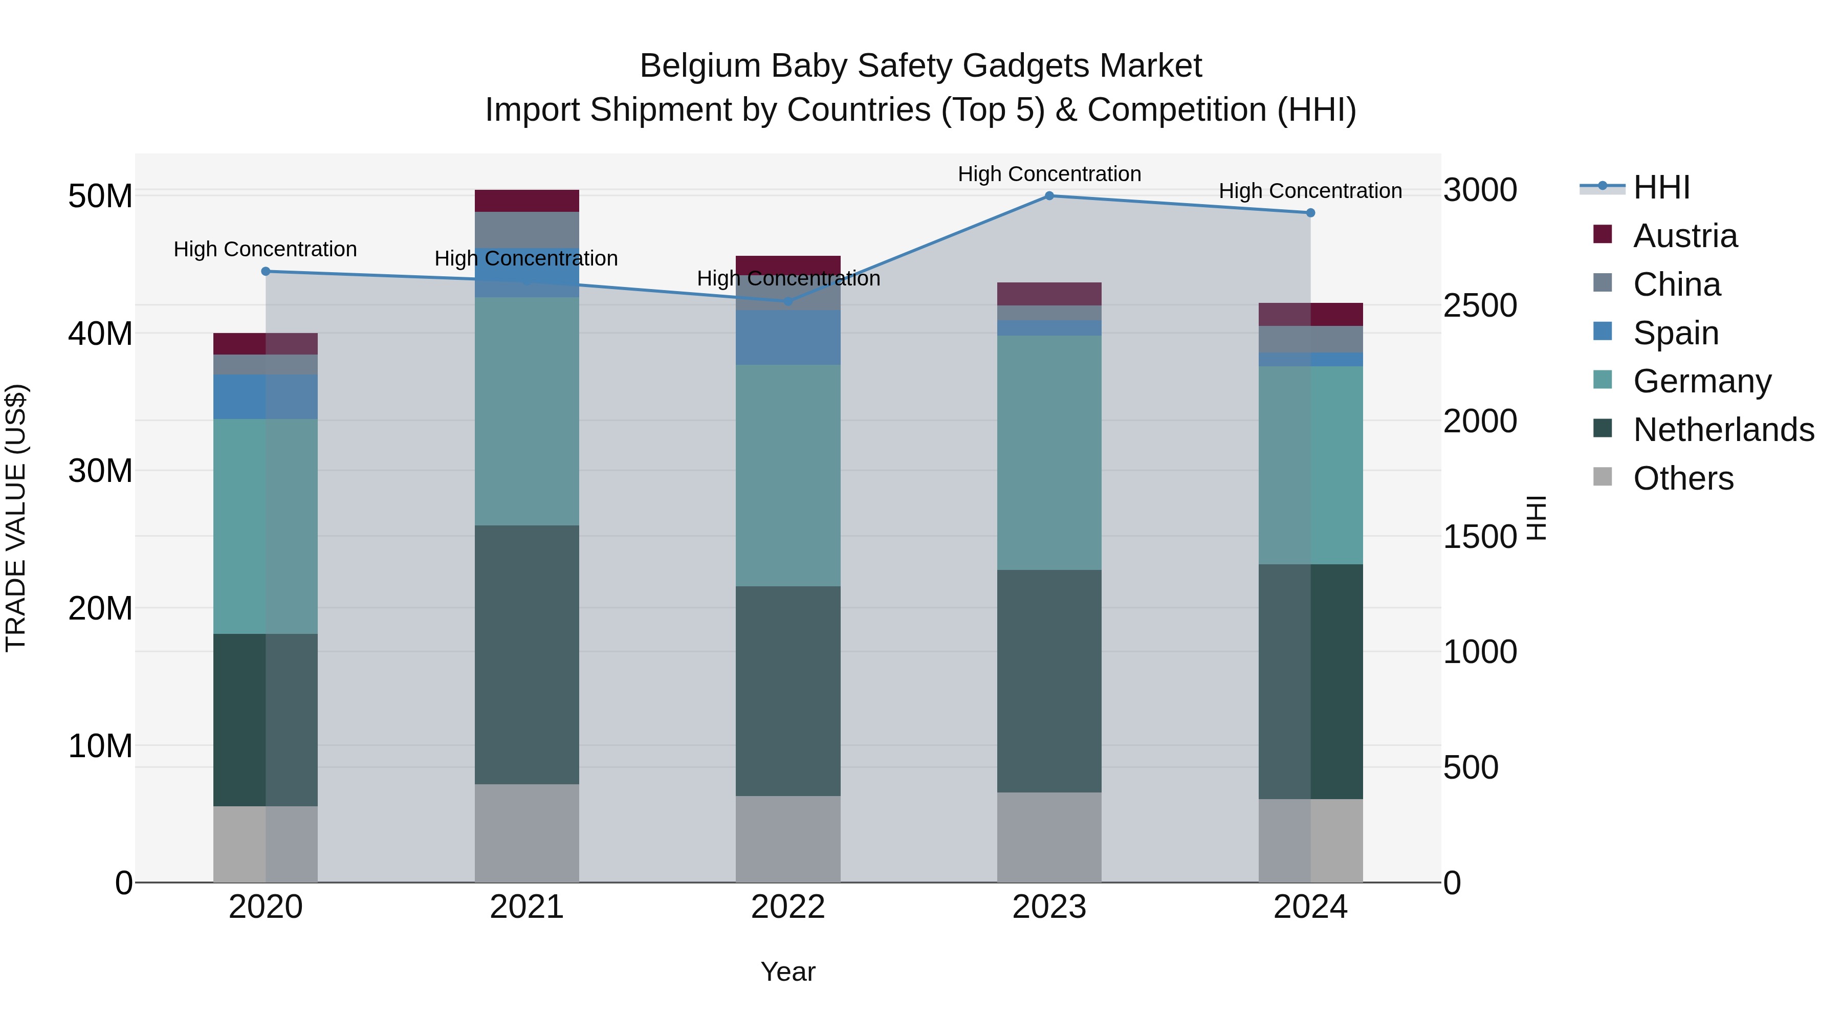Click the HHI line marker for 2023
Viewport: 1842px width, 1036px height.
[x=1049, y=195]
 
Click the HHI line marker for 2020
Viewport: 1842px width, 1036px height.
[x=265, y=271]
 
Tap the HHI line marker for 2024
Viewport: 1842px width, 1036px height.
[x=1310, y=212]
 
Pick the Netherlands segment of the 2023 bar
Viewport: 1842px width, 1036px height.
[x=1049, y=680]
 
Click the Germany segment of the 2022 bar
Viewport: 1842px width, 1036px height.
[x=788, y=475]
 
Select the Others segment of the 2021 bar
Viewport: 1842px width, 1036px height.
[x=527, y=833]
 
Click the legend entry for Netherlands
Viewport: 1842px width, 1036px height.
[x=1723, y=430]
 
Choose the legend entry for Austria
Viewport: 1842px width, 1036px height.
[x=1685, y=236]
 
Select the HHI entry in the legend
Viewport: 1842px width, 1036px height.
[x=1661, y=187]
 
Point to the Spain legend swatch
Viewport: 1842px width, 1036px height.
[x=1603, y=332]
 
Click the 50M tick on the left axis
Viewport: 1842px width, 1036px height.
[x=100, y=196]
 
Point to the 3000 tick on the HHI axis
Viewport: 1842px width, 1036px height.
[x=1479, y=190]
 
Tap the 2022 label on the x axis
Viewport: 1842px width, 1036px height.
[x=788, y=907]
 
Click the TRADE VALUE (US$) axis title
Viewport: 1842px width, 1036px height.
[x=16, y=518]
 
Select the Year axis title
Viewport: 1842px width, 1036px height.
[x=788, y=972]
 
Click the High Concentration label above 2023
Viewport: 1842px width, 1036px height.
[x=1049, y=174]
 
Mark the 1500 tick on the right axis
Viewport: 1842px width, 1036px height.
[x=1479, y=536]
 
